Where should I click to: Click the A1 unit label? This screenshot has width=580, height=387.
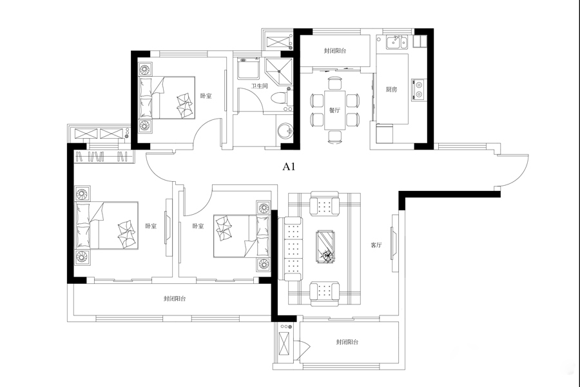pyautogui.click(x=289, y=167)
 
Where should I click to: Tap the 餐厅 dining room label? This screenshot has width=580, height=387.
pyautogui.click(x=334, y=110)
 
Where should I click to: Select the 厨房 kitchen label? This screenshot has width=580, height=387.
pyautogui.click(x=391, y=89)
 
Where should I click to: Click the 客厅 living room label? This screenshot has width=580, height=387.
pyautogui.click(x=376, y=245)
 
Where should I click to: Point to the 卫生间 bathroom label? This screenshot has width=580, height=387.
pyautogui.click(x=259, y=86)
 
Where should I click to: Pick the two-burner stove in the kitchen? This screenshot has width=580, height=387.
pyautogui.click(x=419, y=89)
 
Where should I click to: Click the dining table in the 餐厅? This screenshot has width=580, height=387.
pyautogui.click(x=334, y=110)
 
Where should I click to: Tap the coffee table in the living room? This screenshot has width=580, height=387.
pyautogui.click(x=325, y=246)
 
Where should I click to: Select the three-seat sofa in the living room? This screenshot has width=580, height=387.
pyautogui.click(x=290, y=249)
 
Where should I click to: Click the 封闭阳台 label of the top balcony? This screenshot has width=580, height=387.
pyautogui.click(x=335, y=51)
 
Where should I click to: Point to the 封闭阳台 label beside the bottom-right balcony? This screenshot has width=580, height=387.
pyautogui.click(x=347, y=342)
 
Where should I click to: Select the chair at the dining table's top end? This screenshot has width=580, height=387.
pyautogui.click(x=336, y=83)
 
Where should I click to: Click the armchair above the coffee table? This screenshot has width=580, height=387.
pyautogui.click(x=325, y=203)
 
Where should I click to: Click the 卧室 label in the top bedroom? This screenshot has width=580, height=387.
pyautogui.click(x=206, y=96)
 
